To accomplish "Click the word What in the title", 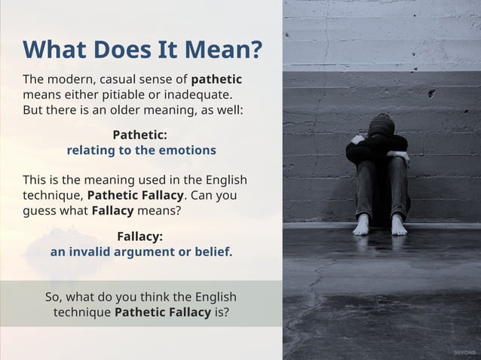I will click(x=54, y=50).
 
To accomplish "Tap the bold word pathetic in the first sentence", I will click(x=216, y=79).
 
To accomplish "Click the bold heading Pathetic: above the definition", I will click(x=139, y=135).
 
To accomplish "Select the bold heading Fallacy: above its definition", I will click(x=139, y=236).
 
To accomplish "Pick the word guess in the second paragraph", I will click(x=40, y=210).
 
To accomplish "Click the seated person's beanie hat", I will click(x=381, y=124).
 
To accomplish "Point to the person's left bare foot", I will click(x=399, y=224).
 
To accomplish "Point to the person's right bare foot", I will click(x=363, y=224).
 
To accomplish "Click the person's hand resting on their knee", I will click(x=402, y=157).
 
